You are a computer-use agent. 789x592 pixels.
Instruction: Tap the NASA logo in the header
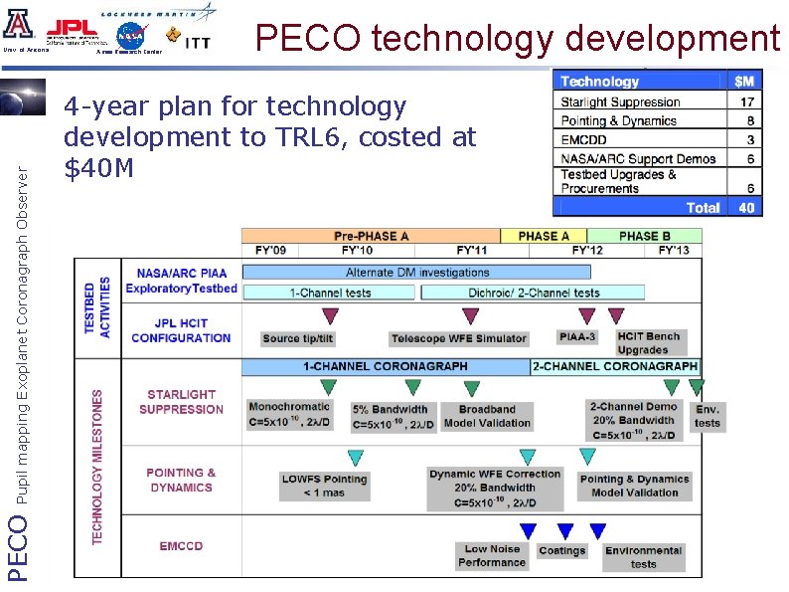pyautogui.click(x=129, y=35)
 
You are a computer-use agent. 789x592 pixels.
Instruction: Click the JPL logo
pyautogui.click(x=74, y=30)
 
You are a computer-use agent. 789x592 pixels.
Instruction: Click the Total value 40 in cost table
pyautogui.click(x=746, y=207)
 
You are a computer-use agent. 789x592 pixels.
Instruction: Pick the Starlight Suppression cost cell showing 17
pyautogui.click(x=746, y=101)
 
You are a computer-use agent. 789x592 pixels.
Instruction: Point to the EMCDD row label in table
pyautogui.click(x=582, y=139)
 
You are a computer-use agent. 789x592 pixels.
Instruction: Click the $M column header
pyautogui.click(x=744, y=82)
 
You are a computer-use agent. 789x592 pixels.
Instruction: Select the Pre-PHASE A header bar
pyautogui.click(x=372, y=236)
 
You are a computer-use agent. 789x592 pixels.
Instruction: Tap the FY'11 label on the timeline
pyautogui.click(x=472, y=250)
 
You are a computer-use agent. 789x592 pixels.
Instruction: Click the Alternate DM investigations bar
pyautogui.click(x=417, y=272)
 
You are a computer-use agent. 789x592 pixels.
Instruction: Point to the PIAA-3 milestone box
pyautogui.click(x=576, y=337)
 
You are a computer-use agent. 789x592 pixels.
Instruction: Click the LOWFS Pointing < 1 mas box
pyautogui.click(x=323, y=486)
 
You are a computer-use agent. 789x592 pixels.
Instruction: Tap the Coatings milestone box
pyautogui.click(x=562, y=550)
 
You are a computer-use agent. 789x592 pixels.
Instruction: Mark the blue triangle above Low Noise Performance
pyautogui.click(x=528, y=531)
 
